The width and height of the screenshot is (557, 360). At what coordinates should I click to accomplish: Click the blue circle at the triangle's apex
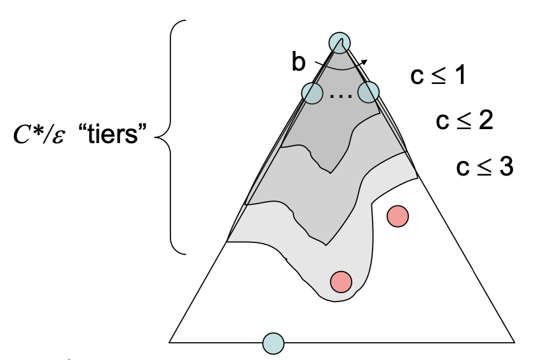[x=340, y=42]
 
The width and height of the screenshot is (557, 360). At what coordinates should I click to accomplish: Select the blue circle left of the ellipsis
[x=312, y=93]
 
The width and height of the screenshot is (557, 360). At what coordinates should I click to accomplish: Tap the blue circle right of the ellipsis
[x=368, y=93]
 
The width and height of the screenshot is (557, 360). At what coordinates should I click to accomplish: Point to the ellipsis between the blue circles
[x=340, y=97]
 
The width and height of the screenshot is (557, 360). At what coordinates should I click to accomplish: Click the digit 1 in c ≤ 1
[x=460, y=76]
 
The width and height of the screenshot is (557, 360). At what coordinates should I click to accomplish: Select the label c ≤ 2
[x=464, y=121]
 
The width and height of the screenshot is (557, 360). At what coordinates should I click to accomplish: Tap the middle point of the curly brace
[x=157, y=135]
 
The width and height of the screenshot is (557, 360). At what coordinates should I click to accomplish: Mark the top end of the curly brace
[x=185, y=21]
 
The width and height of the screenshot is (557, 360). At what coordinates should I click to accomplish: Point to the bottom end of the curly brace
[x=185, y=254]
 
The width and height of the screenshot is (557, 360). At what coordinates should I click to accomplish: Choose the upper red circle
[x=397, y=216]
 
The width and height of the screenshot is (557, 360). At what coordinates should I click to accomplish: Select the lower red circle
[x=341, y=281]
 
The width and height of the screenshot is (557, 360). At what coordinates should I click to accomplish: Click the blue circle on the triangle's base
[x=273, y=343]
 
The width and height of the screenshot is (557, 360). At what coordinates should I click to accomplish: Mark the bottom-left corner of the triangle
[x=169, y=342]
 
